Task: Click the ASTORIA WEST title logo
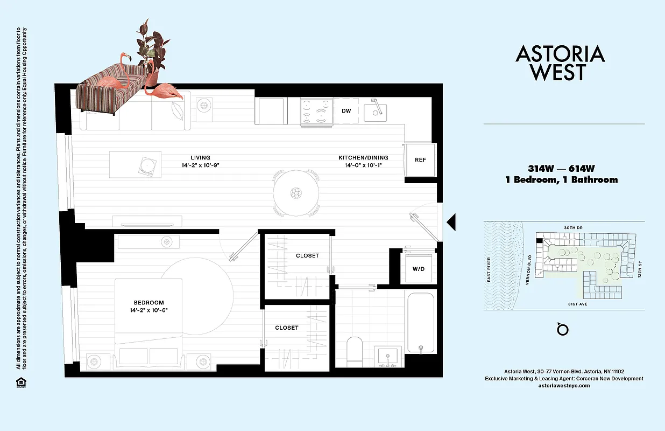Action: (560, 62)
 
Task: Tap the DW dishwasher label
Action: (346, 111)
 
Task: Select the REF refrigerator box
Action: (420, 160)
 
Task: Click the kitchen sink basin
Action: (377, 112)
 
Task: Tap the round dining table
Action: (295, 193)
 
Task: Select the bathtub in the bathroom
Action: (420, 322)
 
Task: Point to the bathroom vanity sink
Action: (387, 357)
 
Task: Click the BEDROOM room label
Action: (149, 303)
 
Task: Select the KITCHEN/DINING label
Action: (363, 158)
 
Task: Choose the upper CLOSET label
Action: (307, 256)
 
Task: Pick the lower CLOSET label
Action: (286, 328)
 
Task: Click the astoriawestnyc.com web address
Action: (564, 386)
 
